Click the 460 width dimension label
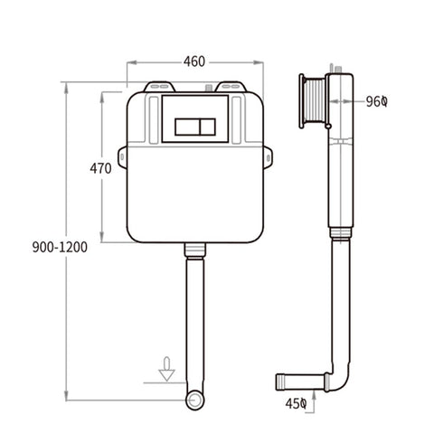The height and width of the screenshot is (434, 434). [x=193, y=62]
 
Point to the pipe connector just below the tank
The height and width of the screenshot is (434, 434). [x=193, y=249]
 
